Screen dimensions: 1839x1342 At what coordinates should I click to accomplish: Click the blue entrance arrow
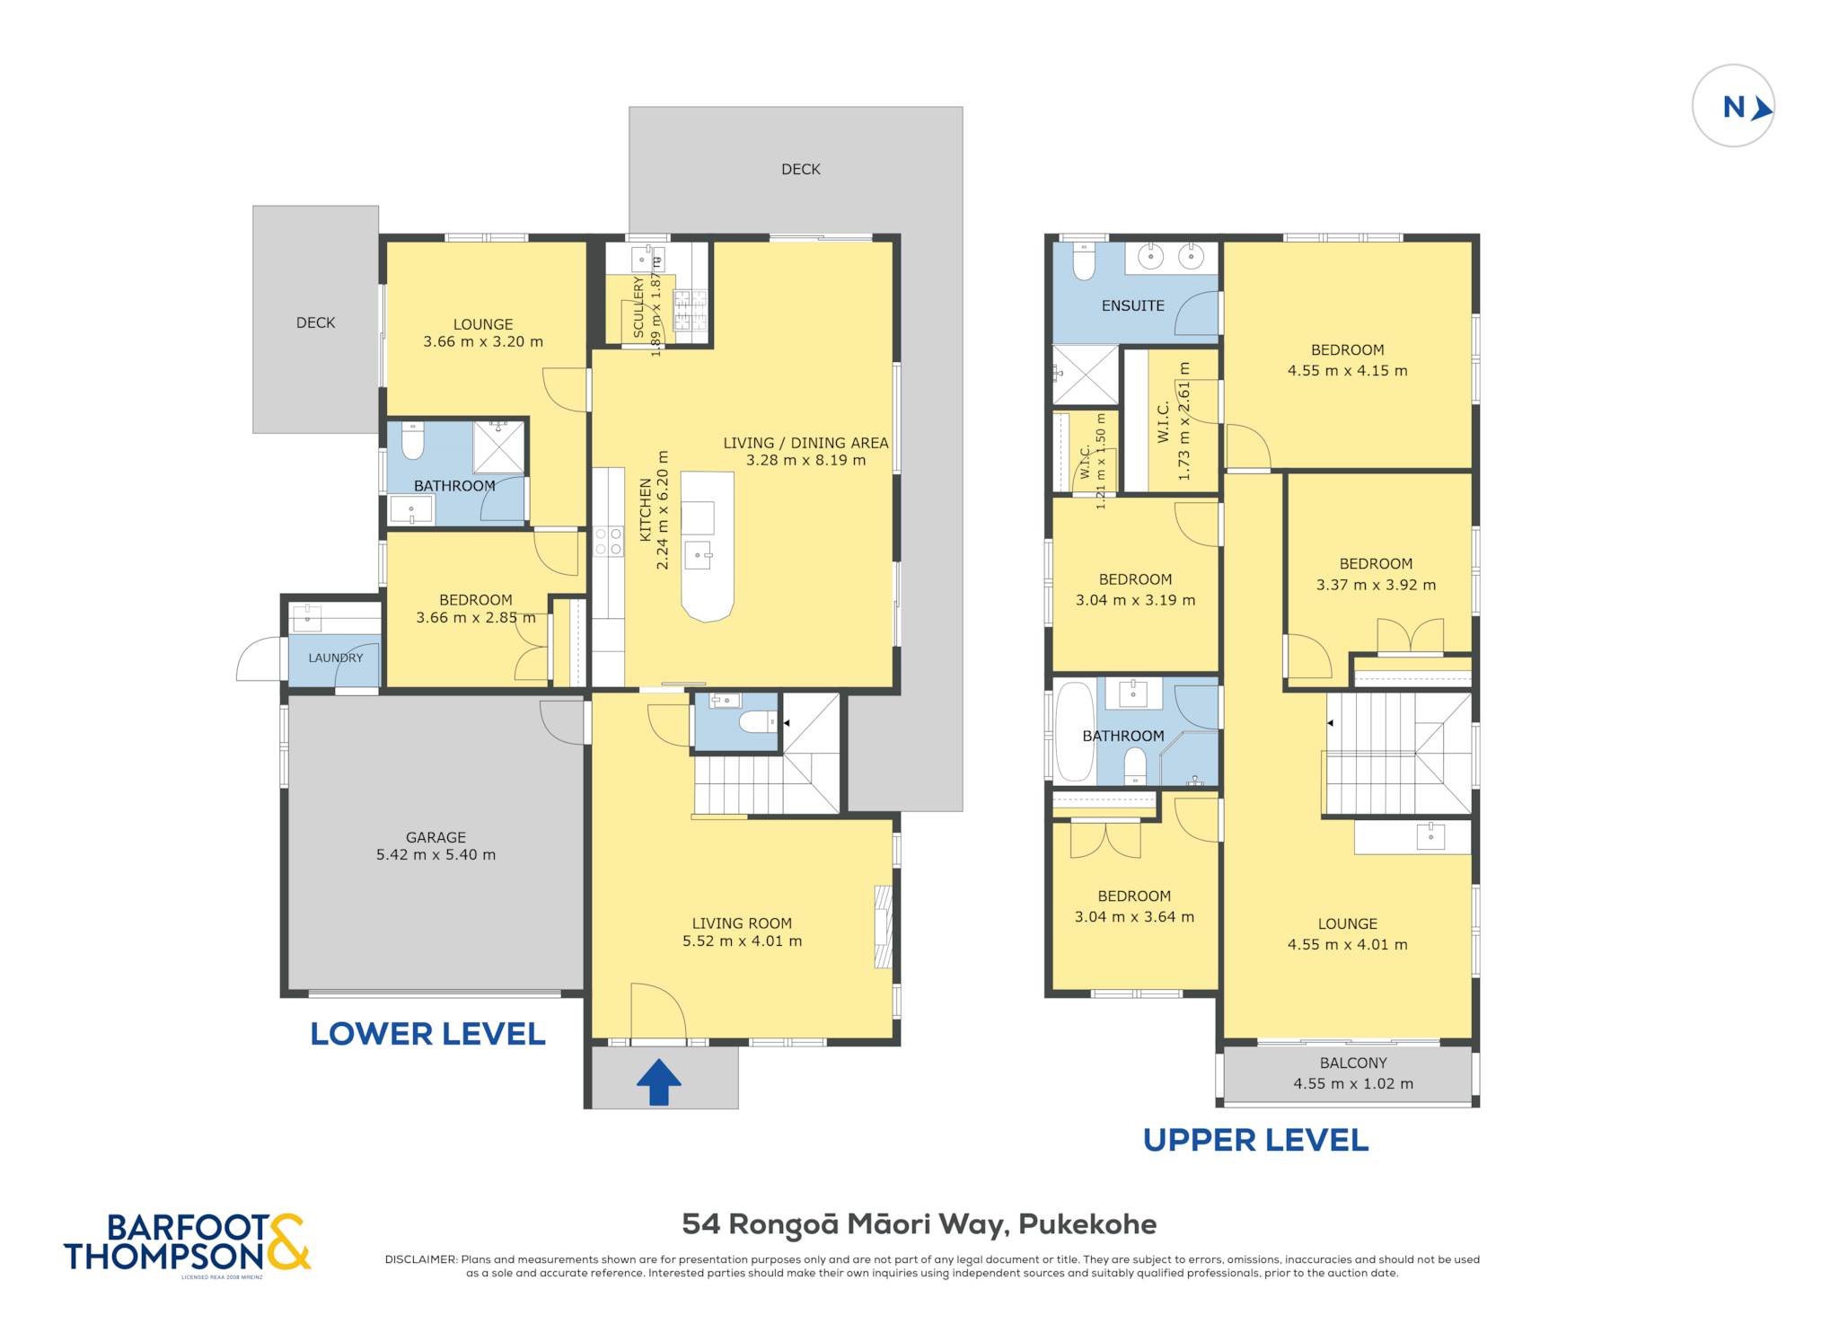pos(659,1082)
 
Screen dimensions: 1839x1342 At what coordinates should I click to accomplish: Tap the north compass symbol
pos(1733,106)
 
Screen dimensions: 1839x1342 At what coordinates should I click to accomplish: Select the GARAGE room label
pos(436,837)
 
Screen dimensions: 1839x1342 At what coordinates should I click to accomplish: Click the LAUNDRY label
pos(336,658)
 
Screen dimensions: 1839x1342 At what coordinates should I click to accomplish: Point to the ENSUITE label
pos(1133,306)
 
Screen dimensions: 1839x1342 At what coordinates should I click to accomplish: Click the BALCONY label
pos(1353,1064)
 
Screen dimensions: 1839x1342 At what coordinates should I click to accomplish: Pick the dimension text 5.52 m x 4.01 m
pos(742,941)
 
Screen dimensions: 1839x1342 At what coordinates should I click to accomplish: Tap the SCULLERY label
pos(639,307)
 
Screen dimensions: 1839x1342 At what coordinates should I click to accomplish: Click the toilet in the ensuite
pos(1084,260)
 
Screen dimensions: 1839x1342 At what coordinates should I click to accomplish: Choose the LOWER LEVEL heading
pos(427,1034)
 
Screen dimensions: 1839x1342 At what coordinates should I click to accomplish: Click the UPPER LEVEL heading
pos(1255,1141)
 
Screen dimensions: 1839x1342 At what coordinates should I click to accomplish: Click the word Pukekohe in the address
pos(1087,1224)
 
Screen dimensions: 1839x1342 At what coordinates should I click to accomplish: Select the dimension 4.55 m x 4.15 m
pos(1347,371)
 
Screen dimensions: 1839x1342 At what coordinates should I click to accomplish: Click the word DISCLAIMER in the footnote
pos(420,1259)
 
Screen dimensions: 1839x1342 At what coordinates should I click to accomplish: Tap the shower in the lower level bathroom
pos(498,446)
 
